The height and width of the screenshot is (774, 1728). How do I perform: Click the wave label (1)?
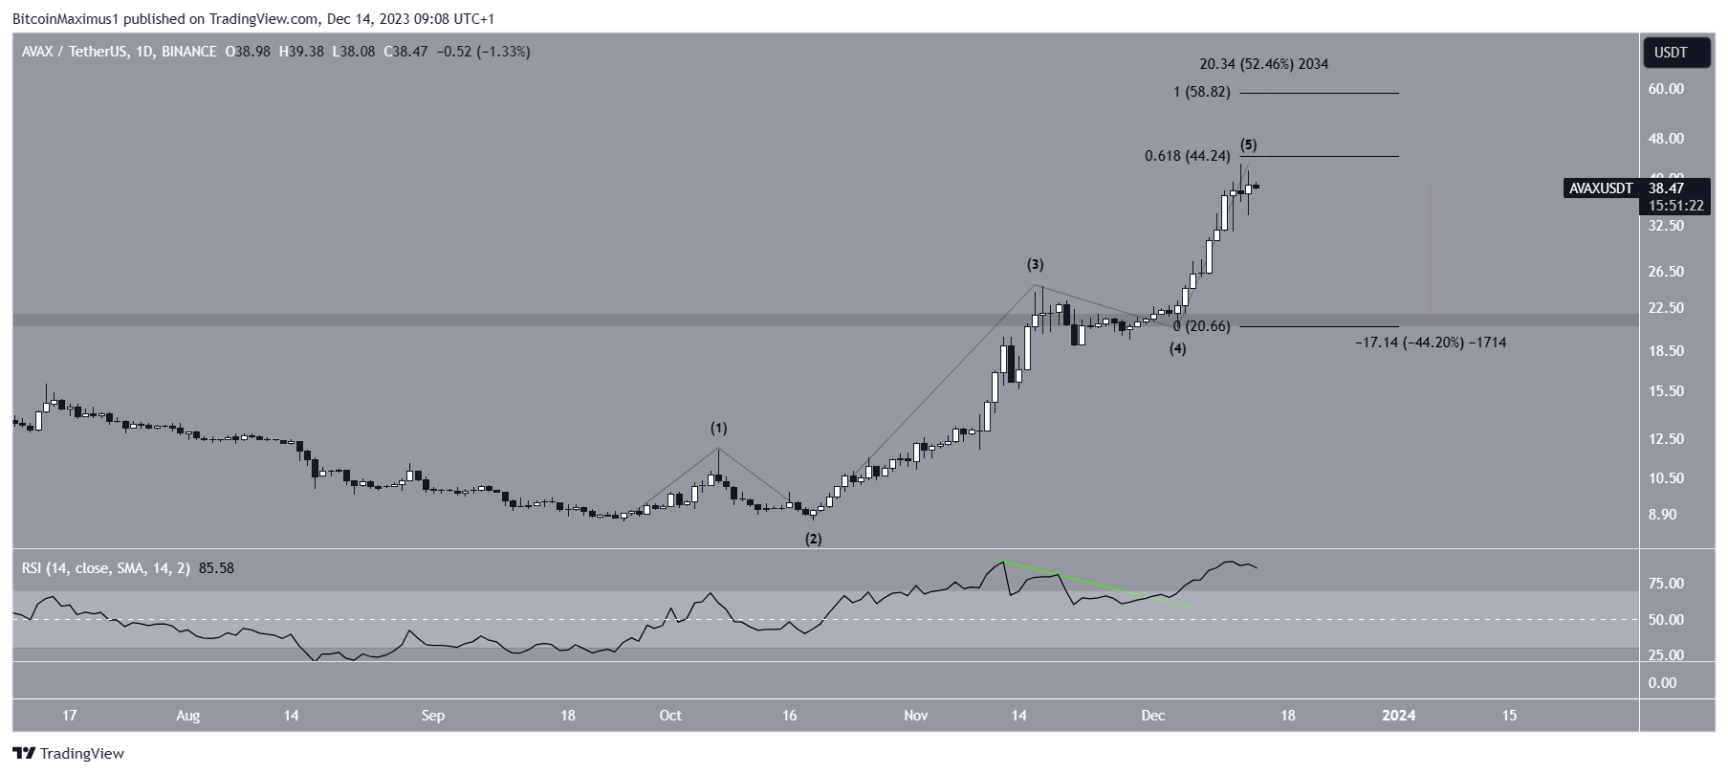(x=718, y=428)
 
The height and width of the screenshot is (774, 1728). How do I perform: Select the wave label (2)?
(x=813, y=539)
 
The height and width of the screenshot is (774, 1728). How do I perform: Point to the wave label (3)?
(x=1035, y=264)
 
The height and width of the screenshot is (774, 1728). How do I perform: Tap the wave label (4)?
(x=1177, y=349)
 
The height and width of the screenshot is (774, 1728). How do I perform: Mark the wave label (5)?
(x=1249, y=145)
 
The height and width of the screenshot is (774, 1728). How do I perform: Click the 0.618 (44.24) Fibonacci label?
(x=1188, y=156)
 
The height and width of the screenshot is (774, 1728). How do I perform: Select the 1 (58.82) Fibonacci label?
(x=1202, y=93)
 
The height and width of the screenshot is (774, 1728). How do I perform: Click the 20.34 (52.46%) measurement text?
(x=1263, y=64)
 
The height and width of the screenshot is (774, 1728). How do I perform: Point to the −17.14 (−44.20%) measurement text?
(x=1430, y=342)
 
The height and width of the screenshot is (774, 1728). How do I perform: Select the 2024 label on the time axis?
(x=1400, y=716)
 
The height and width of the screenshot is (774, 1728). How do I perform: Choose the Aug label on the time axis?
(x=188, y=716)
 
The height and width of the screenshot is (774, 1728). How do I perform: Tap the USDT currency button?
(x=1671, y=53)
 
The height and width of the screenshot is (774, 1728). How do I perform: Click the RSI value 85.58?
(x=216, y=568)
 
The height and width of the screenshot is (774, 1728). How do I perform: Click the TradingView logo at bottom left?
(x=68, y=754)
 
